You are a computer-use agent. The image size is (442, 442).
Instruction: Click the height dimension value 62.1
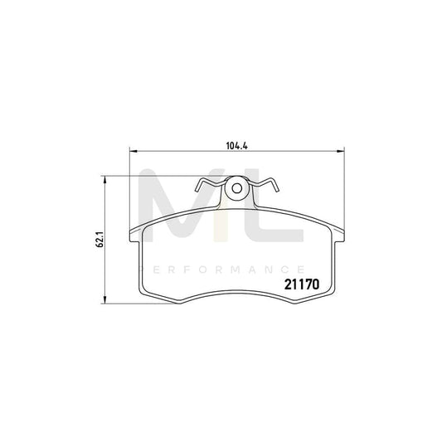tap(98, 240)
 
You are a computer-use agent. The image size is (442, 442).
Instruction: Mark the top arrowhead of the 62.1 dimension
tap(104, 178)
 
